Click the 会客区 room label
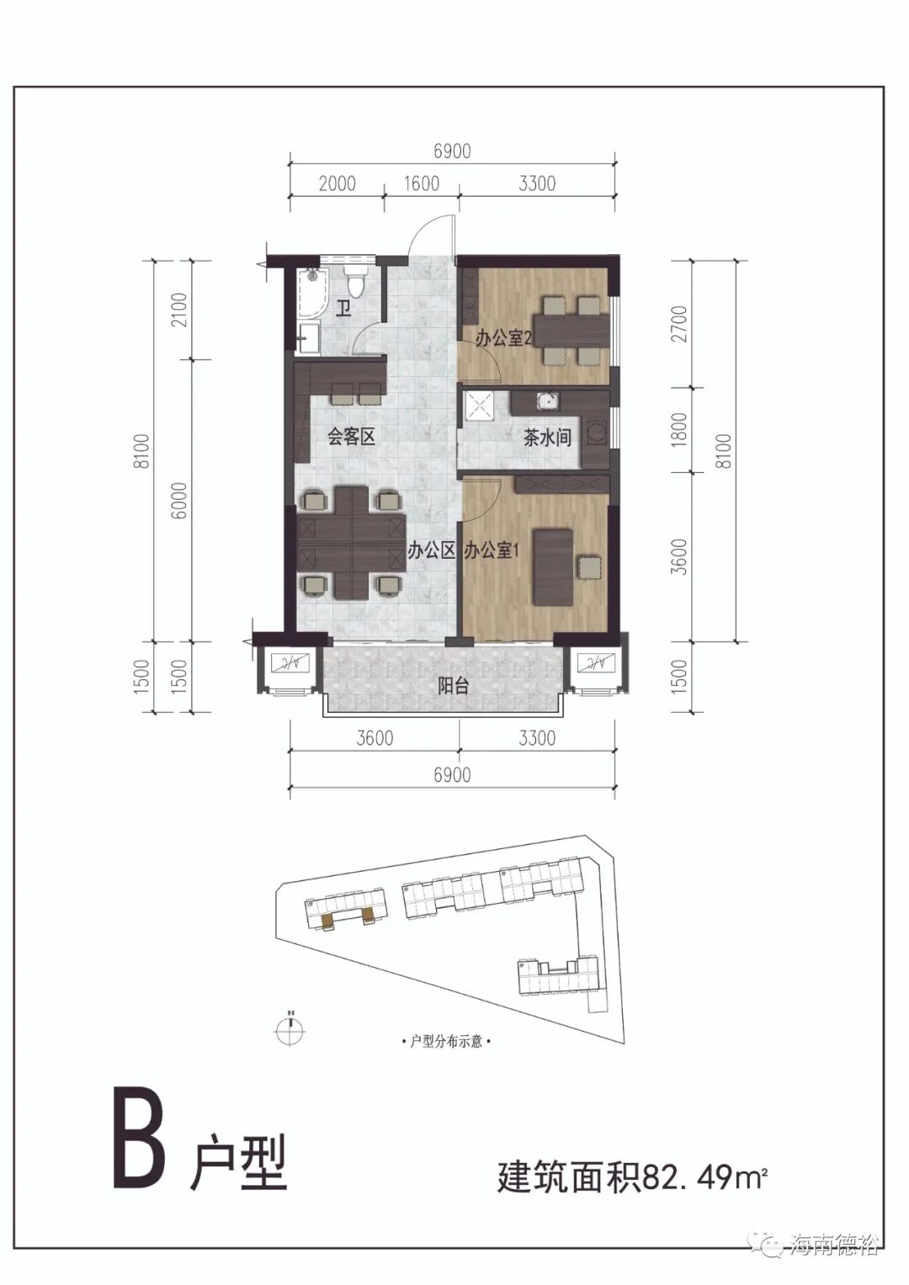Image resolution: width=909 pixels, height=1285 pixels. coord(351,437)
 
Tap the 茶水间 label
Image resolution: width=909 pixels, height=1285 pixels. coord(547,438)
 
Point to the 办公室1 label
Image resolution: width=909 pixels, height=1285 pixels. coord(492,551)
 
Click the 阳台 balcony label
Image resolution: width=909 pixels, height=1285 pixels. coord(454,686)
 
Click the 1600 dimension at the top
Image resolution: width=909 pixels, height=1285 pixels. coord(422,183)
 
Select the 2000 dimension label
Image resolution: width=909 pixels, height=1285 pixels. coord(337,183)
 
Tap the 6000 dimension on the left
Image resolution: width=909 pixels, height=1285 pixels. coord(179,501)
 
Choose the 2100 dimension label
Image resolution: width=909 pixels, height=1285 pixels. coord(179,309)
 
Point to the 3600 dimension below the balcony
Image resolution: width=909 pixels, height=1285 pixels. coord(375,738)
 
